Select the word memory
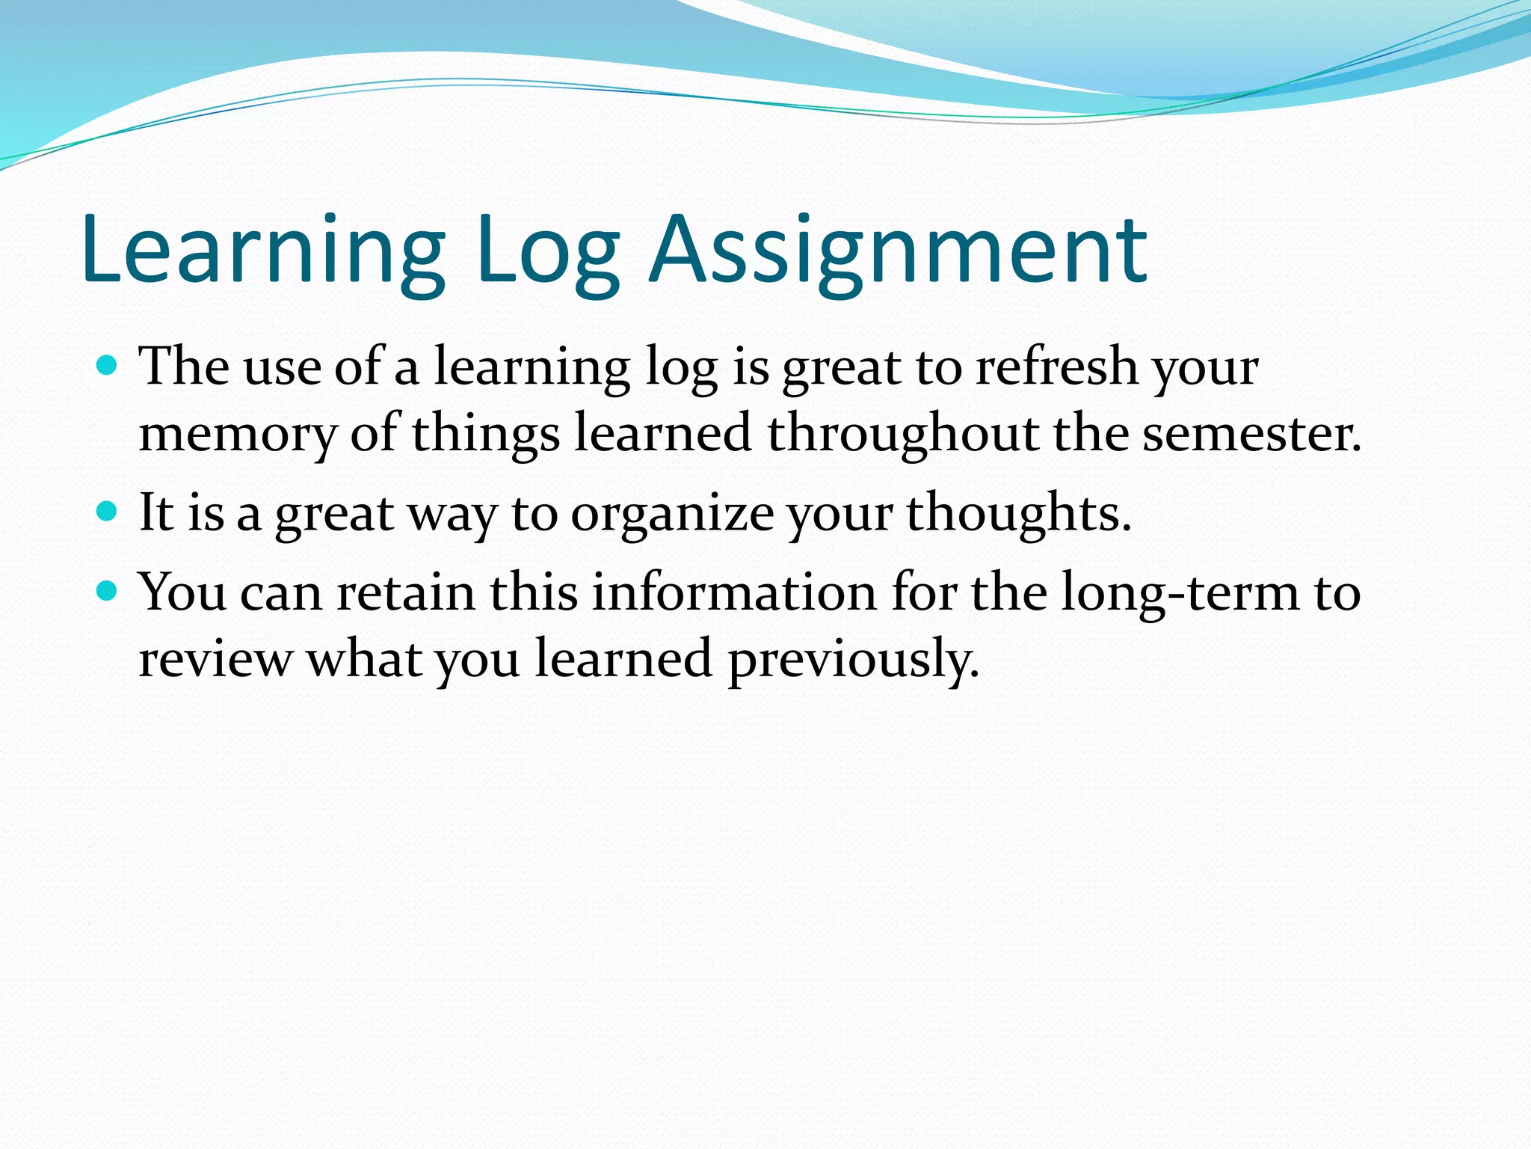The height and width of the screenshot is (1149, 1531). pos(238,434)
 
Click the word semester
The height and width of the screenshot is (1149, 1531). pos(1250,433)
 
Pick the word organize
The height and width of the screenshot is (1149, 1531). pos(672,515)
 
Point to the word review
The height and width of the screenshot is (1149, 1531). pos(216,659)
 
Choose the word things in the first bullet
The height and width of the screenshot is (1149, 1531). pos(485,435)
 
